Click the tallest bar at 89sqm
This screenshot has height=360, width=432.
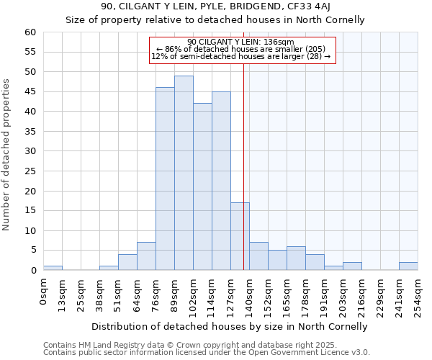(184, 173)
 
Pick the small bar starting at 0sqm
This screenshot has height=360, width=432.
(53, 268)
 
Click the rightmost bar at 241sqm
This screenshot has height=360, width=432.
(408, 266)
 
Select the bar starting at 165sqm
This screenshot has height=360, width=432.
(296, 258)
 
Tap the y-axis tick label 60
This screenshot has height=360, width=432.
(30, 32)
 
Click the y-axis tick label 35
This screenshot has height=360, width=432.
(30, 132)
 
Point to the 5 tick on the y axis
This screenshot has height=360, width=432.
(33, 251)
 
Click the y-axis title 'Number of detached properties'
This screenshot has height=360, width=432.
(7, 155)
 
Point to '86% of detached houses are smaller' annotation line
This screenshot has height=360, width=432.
(241, 49)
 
